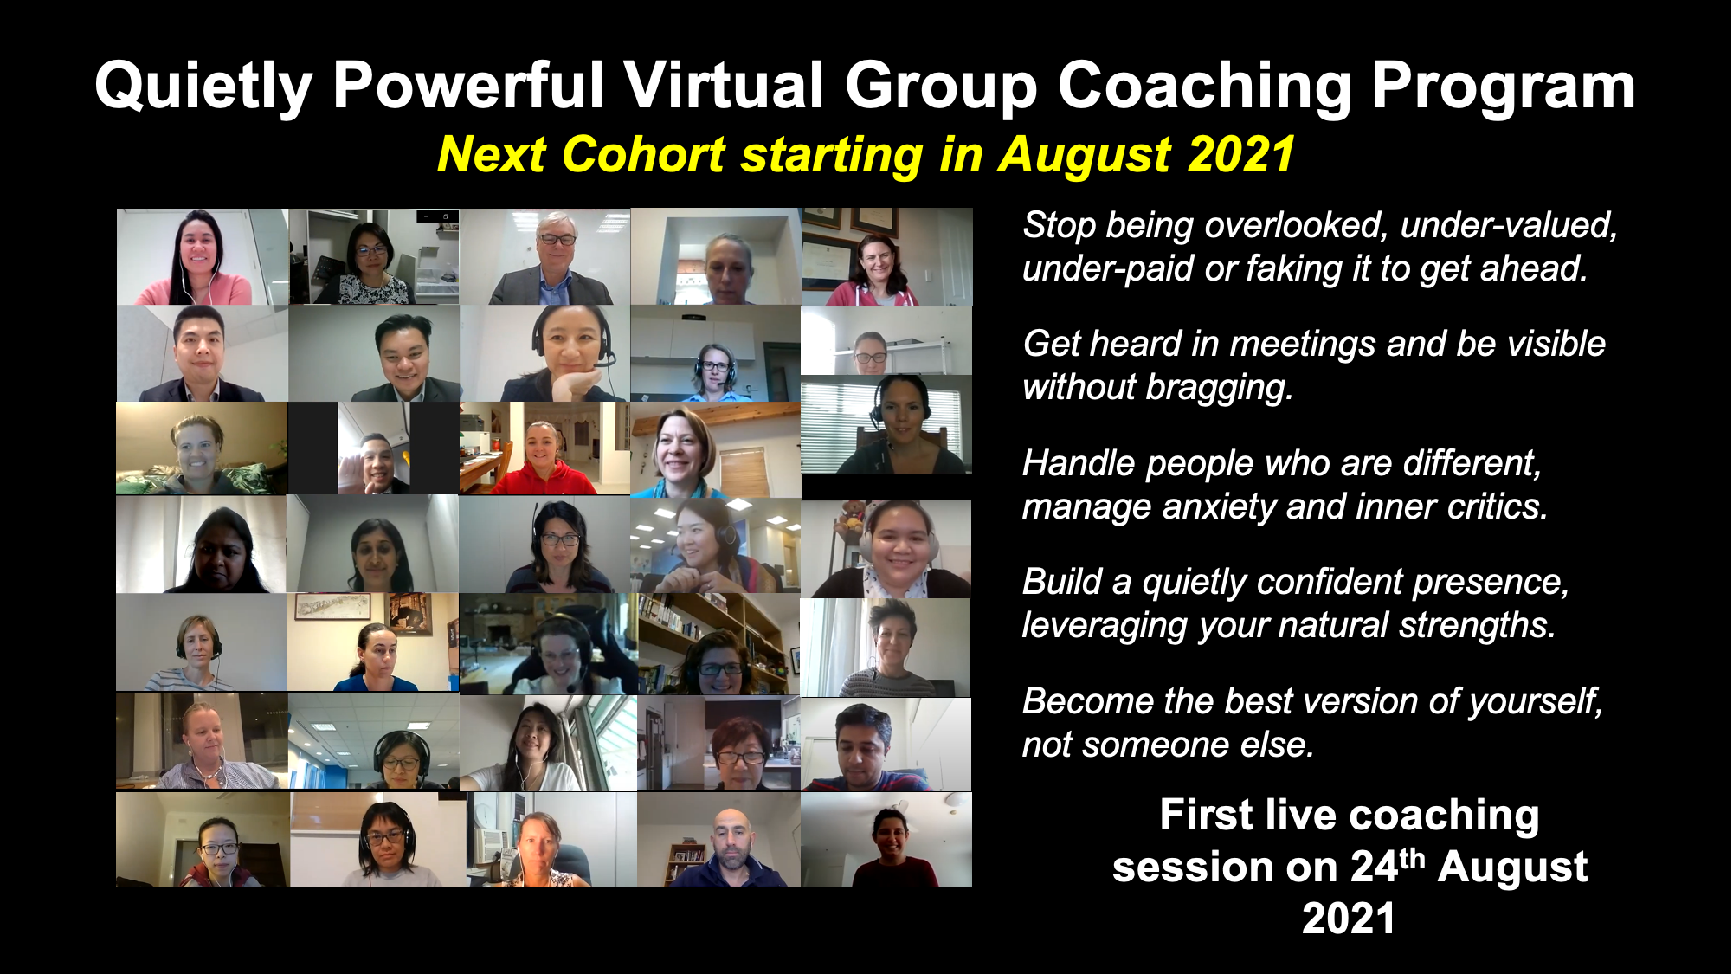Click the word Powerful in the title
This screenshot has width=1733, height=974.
(468, 86)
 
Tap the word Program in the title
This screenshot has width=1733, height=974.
(1503, 87)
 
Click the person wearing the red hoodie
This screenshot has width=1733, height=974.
(544, 459)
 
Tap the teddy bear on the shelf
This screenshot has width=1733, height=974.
(853, 519)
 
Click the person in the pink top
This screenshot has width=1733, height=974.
(196, 260)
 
